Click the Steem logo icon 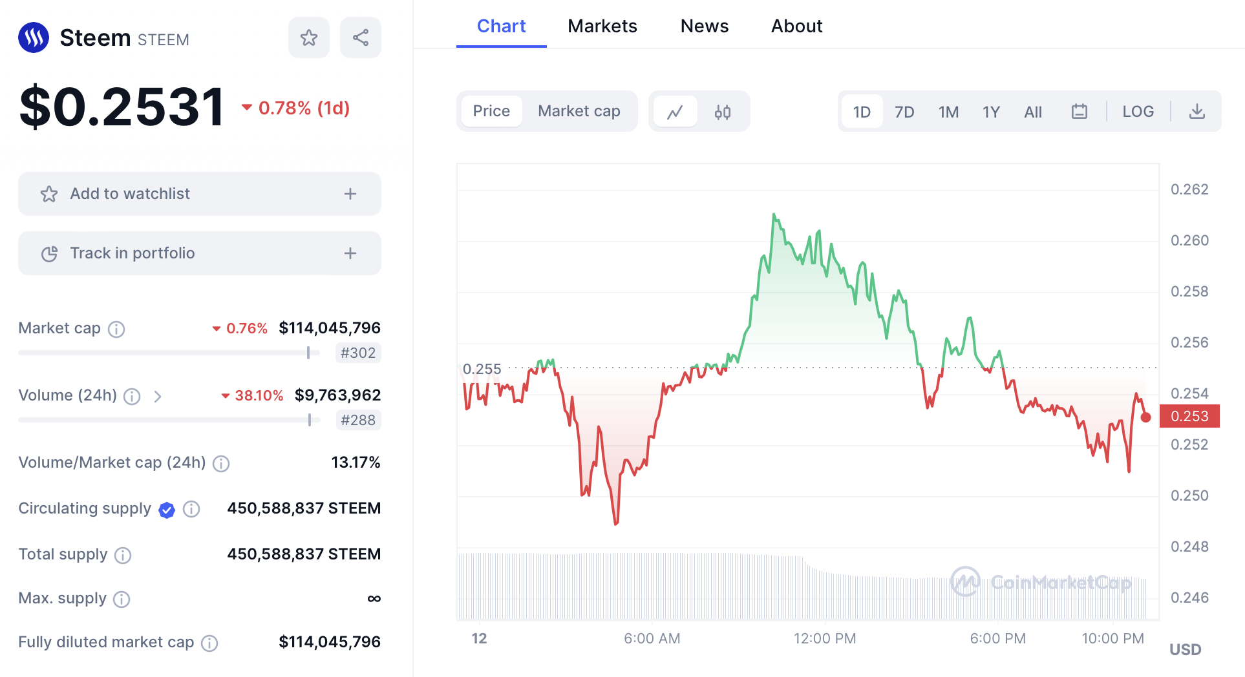[x=34, y=37]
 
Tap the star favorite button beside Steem [x=309, y=37]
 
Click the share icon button [x=361, y=37]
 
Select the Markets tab [x=602, y=26]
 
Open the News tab [x=705, y=26]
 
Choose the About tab [x=796, y=26]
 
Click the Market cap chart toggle [x=579, y=111]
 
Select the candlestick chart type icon [x=723, y=112]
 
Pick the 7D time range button [x=904, y=112]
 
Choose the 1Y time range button [x=991, y=112]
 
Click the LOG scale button [x=1138, y=112]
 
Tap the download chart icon [x=1197, y=112]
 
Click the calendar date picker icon [x=1080, y=112]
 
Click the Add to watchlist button [x=200, y=194]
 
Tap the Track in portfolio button [x=200, y=253]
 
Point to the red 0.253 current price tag [x=1189, y=416]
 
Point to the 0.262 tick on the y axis [x=1189, y=189]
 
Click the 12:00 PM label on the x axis [x=825, y=638]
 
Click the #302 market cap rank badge [x=358, y=353]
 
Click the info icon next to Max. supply [x=122, y=599]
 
